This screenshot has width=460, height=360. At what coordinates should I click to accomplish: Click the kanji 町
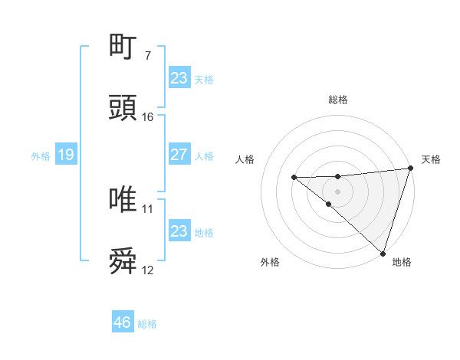123,47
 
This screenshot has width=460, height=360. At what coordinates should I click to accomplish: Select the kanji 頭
123,109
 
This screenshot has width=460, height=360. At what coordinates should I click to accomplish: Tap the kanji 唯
123,200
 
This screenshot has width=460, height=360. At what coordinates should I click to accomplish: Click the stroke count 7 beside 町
147,55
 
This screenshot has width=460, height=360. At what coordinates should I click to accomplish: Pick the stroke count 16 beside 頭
148,117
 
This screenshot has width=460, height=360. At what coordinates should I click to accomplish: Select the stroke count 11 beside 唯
148,208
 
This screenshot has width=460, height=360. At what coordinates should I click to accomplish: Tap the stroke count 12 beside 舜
148,270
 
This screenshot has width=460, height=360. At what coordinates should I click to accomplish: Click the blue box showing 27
179,155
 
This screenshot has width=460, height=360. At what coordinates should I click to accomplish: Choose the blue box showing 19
65,155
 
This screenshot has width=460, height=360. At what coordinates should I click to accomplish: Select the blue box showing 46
122,322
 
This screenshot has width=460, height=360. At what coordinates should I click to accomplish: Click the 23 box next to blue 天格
179,78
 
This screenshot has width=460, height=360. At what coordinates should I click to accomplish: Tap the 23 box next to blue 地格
179,231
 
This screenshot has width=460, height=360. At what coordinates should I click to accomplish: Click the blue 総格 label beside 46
147,324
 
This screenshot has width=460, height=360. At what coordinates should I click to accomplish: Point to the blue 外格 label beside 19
41,156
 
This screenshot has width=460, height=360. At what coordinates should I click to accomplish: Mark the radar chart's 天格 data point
411,169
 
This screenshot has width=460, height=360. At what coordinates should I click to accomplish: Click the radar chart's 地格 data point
383,253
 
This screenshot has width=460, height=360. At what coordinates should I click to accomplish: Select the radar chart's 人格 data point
294,178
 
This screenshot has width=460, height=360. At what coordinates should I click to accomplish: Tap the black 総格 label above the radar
338,100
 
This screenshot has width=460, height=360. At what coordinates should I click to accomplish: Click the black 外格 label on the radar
270,262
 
